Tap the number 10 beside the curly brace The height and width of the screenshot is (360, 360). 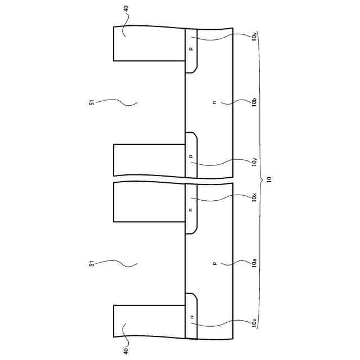coord(269,179)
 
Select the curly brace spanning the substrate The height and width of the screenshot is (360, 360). coord(260,179)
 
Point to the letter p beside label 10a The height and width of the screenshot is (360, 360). coord(214,262)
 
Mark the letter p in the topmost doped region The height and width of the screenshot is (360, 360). coord(191,49)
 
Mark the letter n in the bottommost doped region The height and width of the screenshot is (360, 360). coord(191,317)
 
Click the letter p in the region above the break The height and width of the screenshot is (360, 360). coord(191,156)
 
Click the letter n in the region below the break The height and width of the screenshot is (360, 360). coord(191,209)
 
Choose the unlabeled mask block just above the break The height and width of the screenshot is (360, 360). coord(150,160)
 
